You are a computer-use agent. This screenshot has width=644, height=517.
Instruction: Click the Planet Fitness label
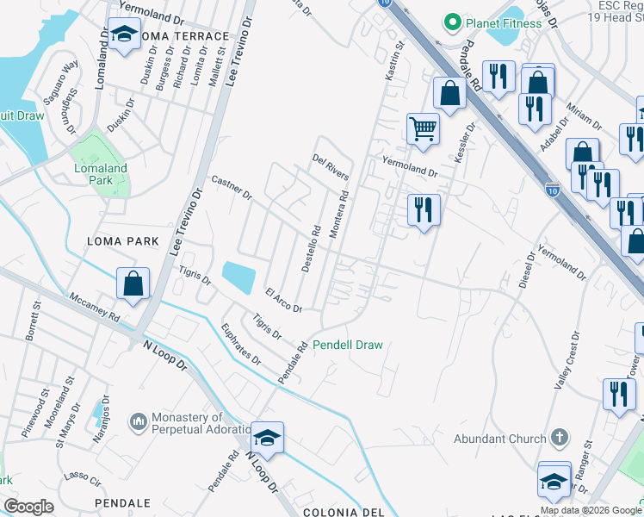coord(504,22)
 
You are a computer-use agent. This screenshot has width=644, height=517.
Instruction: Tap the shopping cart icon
coord(423,128)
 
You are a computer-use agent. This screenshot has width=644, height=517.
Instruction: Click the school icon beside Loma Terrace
coord(125,35)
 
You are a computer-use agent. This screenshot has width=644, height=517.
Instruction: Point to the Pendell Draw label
coord(347,345)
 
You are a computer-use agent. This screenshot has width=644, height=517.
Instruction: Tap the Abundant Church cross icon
coord(560,438)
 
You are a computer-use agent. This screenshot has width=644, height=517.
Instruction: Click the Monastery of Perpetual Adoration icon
coord(138,421)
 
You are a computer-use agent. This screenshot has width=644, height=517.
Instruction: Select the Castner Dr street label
coord(231,187)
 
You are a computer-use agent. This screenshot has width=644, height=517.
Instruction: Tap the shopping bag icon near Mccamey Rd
coord(133,283)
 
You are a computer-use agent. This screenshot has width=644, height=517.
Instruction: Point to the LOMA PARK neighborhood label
coord(123,241)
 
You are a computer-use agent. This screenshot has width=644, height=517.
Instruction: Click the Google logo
coord(28,507)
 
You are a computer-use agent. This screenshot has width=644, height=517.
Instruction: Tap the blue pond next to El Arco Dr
coord(238,277)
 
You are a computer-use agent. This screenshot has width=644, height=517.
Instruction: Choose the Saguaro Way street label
coord(64,75)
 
